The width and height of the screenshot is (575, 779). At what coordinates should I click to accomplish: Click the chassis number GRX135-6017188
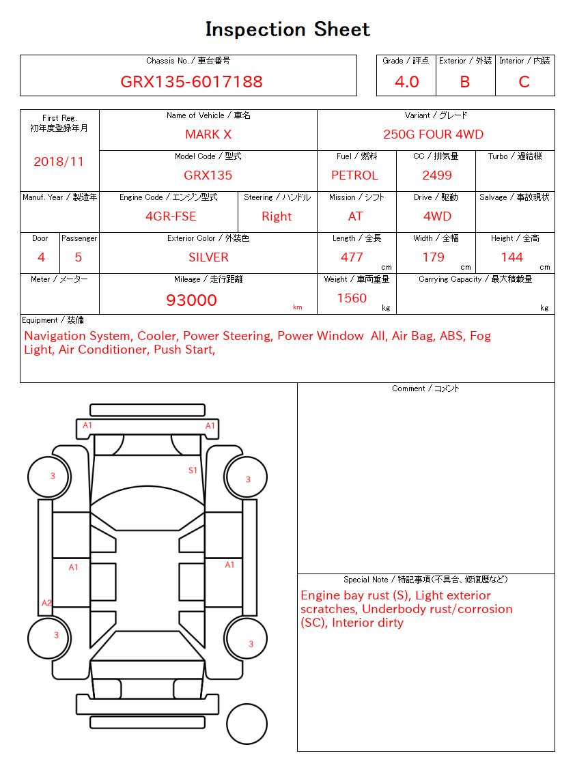tap(191, 82)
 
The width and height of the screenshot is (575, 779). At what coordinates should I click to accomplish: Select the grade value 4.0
tap(406, 82)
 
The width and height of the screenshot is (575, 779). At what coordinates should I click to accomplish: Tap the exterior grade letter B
tap(464, 82)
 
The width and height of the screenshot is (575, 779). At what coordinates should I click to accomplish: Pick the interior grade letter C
tap(524, 82)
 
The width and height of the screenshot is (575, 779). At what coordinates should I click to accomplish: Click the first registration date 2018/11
tap(59, 162)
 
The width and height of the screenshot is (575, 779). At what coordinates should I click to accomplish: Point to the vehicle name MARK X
tap(208, 134)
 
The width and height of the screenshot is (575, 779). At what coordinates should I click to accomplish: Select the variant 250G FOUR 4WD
tap(433, 134)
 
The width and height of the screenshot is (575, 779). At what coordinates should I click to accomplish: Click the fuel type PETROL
tap(354, 175)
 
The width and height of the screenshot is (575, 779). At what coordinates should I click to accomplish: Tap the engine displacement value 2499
tap(437, 175)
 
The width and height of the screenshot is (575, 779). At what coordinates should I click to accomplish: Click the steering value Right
tap(277, 216)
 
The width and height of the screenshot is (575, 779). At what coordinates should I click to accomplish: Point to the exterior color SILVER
tap(208, 257)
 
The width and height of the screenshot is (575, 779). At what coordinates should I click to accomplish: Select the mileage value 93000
tap(191, 300)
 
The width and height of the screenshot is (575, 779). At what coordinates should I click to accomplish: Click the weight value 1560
tap(352, 298)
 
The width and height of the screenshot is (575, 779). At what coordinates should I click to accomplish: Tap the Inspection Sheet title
tap(287, 29)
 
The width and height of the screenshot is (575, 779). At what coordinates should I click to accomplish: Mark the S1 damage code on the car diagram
tap(193, 470)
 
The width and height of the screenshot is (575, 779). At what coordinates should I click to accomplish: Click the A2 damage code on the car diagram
tap(46, 603)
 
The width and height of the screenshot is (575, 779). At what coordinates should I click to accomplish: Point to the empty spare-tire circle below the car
tap(247, 723)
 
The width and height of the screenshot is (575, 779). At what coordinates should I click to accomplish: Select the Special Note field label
tap(425, 580)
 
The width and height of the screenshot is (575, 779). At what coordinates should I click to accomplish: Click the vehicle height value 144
tap(511, 257)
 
